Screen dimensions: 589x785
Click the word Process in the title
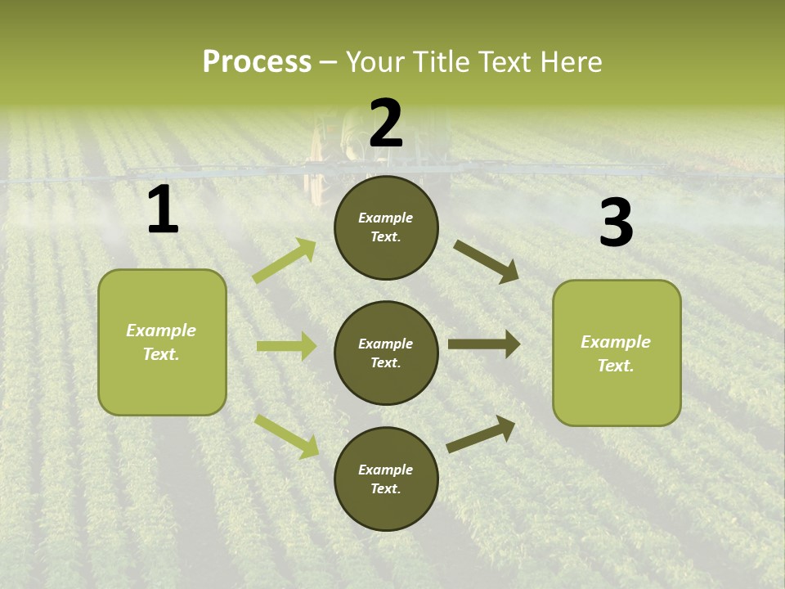pos(257,62)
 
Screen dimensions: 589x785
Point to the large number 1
pos(163,211)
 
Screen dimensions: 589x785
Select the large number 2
pos(386,124)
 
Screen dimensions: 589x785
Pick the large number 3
pos(616,223)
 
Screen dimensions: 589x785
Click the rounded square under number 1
pos(162,342)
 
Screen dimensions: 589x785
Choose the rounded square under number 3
pos(617,353)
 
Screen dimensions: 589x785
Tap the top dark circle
pos(386,227)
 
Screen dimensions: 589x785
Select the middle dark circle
pos(386,353)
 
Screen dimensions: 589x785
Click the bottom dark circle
pos(386,479)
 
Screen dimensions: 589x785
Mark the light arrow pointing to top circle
pos(285,261)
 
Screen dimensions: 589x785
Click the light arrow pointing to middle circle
pos(286,346)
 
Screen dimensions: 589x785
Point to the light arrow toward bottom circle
pos(286,435)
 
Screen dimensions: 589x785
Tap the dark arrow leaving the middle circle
pos(484,344)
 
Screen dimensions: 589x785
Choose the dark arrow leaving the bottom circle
pos(481,434)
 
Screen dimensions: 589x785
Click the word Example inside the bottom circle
pos(385,470)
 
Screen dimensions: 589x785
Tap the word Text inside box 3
pos(614,366)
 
